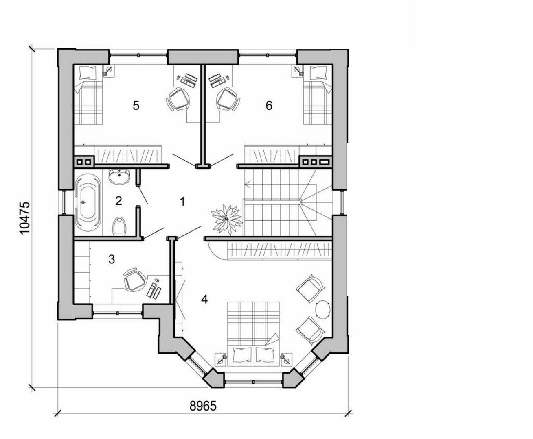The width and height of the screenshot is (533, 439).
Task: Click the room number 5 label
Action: tap(136, 106)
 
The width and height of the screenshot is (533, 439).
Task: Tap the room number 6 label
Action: tap(269, 106)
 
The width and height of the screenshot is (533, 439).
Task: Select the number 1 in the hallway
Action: tap(183, 201)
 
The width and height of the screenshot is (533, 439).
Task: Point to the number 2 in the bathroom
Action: tap(118, 201)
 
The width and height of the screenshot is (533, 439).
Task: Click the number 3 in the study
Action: tap(112, 259)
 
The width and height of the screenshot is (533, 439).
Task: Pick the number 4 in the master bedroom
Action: tap(204, 300)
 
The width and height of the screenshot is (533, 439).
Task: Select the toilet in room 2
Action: tap(119, 226)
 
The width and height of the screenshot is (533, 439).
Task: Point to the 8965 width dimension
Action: tap(203, 406)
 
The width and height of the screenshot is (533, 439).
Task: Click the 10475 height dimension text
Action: tap(25, 218)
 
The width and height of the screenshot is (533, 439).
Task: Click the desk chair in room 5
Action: tap(178, 99)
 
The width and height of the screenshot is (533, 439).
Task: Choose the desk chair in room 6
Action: tap(226, 99)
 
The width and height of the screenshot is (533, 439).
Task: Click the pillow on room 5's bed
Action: tap(87, 73)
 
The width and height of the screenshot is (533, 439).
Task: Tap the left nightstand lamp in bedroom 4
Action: tap(222, 360)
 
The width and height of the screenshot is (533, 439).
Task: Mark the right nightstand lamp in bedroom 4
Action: tap(286, 360)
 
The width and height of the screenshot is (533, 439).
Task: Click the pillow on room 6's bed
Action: tap(318, 73)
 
